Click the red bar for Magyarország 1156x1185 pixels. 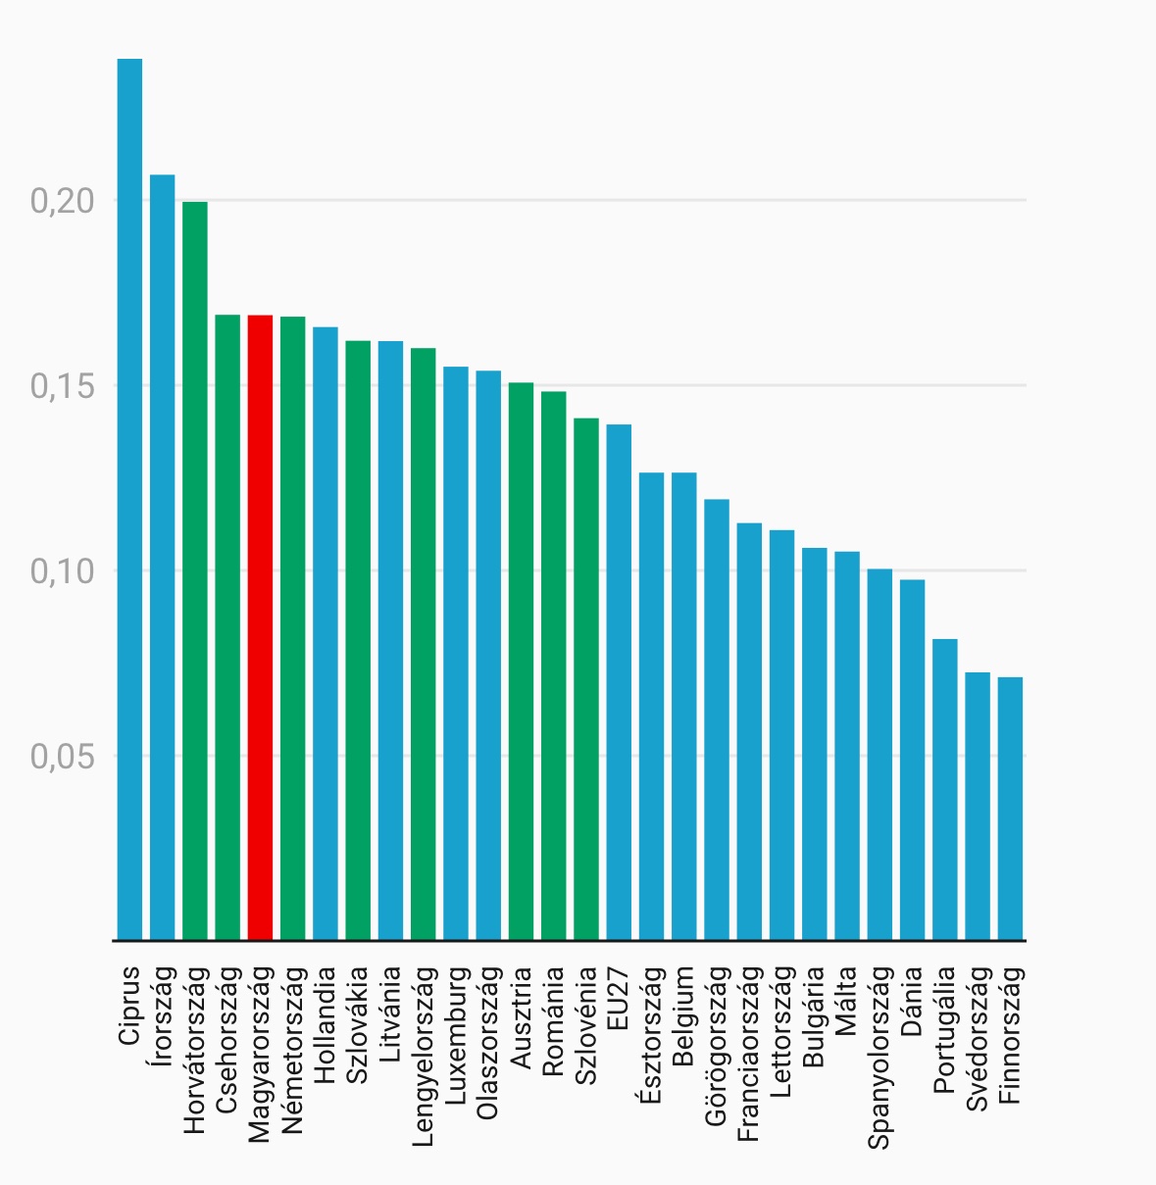pyautogui.click(x=260, y=627)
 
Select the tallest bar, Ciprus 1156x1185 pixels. pyautogui.click(x=129, y=500)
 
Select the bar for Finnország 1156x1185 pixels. pyautogui.click(x=1010, y=809)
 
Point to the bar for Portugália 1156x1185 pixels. pyautogui.click(x=945, y=790)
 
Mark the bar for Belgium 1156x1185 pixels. pyautogui.click(x=684, y=707)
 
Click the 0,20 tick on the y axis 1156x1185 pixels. pyautogui.click(x=62, y=201)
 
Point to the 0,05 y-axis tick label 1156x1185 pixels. pyautogui.click(x=62, y=757)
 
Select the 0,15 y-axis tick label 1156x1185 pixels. pyautogui.click(x=62, y=386)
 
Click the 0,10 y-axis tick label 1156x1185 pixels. pyautogui.click(x=62, y=571)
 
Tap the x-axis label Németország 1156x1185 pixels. pyautogui.click(x=293, y=1050)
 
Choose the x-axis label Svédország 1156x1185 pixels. pyautogui.click(x=978, y=1039)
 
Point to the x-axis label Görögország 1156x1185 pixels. pyautogui.click(x=717, y=1045)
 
